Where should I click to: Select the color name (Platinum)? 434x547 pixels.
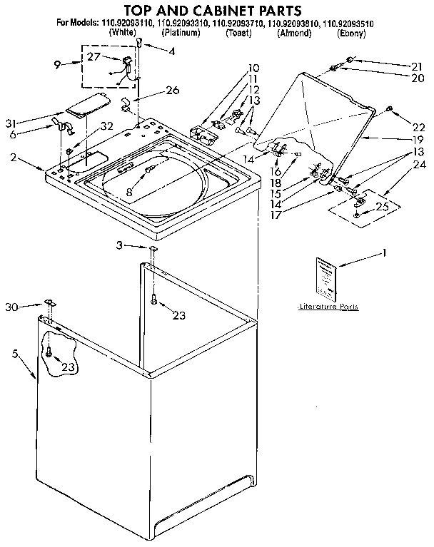[181, 34]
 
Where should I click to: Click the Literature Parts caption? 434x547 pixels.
[328, 306]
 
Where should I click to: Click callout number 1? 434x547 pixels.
[385, 252]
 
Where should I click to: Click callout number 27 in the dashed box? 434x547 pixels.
[94, 56]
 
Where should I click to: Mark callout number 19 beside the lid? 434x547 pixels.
[386, 140]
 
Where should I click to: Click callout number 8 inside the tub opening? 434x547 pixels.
[128, 191]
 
